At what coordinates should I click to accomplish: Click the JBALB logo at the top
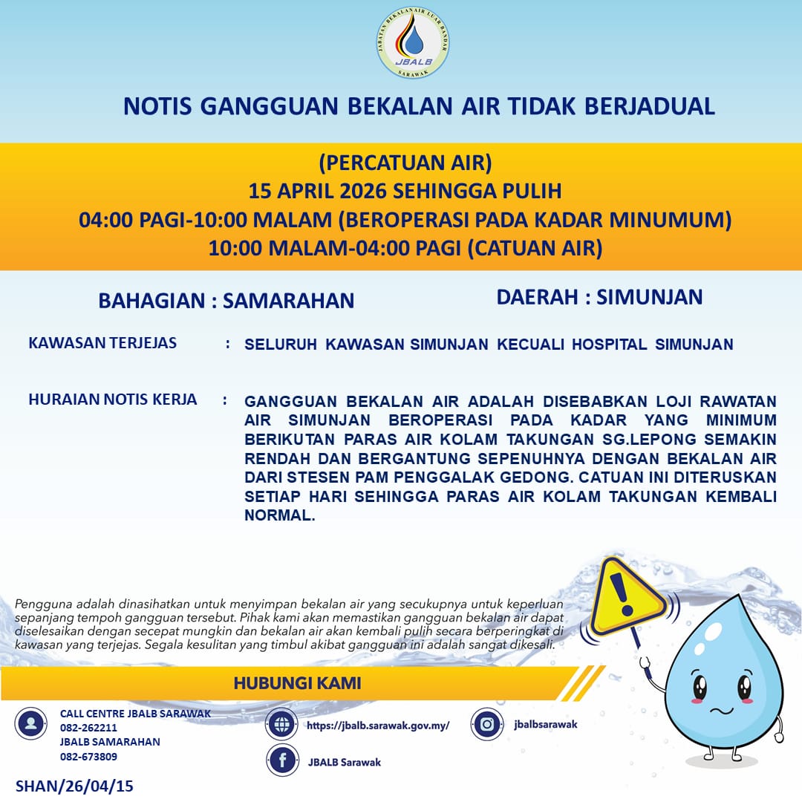tap(413, 43)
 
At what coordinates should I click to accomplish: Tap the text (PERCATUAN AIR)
tap(405, 162)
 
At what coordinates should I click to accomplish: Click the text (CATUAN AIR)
tap(535, 248)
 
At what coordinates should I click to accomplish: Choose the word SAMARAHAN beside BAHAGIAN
tap(288, 300)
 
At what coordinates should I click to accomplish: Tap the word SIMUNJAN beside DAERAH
tap(649, 297)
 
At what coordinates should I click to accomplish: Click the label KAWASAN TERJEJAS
tap(102, 343)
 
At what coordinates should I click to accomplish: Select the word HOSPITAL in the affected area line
tap(603, 345)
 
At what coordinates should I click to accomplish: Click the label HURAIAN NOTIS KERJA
tap(113, 400)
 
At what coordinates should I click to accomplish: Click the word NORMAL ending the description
tap(279, 516)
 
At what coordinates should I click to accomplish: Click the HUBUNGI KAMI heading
tap(298, 682)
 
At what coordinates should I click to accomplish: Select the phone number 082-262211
tap(88, 728)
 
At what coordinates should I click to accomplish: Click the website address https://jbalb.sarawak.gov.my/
tap(378, 726)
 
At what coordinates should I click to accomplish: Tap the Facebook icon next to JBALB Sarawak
tap(282, 760)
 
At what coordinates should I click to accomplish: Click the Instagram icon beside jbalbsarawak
tap(488, 725)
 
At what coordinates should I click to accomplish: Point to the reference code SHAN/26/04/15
tap(74, 786)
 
